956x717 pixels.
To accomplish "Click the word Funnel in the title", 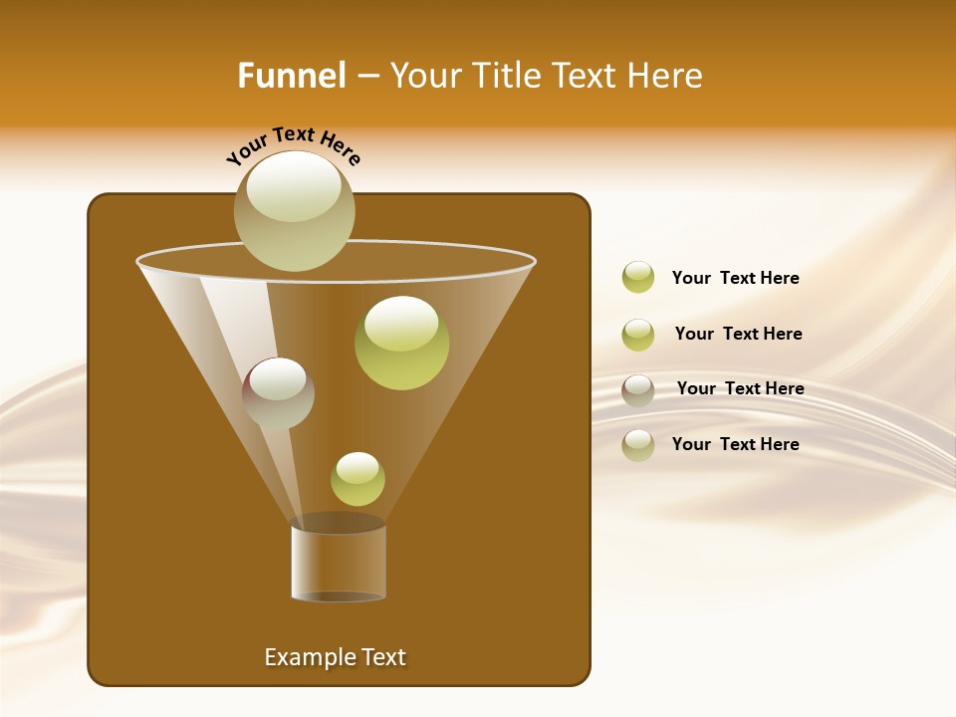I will (x=291, y=76).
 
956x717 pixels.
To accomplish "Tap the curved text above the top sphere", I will (x=293, y=145).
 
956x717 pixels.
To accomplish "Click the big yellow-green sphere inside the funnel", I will (x=401, y=343).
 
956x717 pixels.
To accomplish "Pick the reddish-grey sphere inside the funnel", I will (x=278, y=393).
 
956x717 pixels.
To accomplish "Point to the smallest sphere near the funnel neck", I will (x=358, y=479).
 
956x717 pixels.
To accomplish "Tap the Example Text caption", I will (x=335, y=657).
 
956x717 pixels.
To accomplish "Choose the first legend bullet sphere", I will (x=638, y=278).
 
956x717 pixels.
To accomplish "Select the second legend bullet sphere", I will (x=638, y=335).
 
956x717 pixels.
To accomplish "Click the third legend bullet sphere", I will (x=638, y=390).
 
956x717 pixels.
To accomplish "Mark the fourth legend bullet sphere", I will (x=638, y=445).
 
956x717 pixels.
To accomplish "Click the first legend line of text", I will (x=735, y=278).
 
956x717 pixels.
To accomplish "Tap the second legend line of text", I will (x=738, y=334).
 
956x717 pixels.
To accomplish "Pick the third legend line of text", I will (x=740, y=388).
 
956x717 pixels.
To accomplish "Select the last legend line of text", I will (x=735, y=444).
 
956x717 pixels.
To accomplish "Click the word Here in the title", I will (x=666, y=76).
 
